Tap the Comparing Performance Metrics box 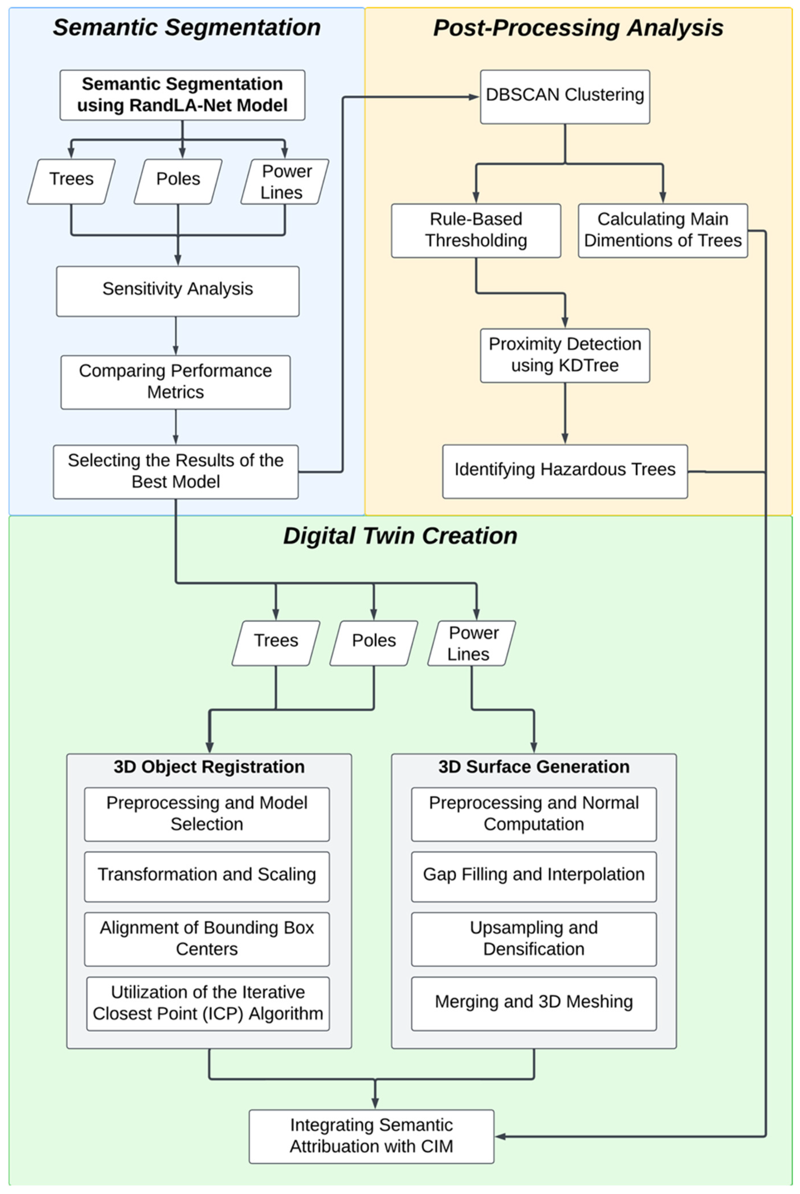(176, 382)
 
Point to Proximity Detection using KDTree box (565, 355)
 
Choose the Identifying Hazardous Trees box (565, 470)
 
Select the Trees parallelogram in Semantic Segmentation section (71, 181)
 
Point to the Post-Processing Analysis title (578, 28)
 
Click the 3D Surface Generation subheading (534, 767)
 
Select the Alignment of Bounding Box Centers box (207, 939)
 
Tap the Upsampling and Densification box (534, 939)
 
